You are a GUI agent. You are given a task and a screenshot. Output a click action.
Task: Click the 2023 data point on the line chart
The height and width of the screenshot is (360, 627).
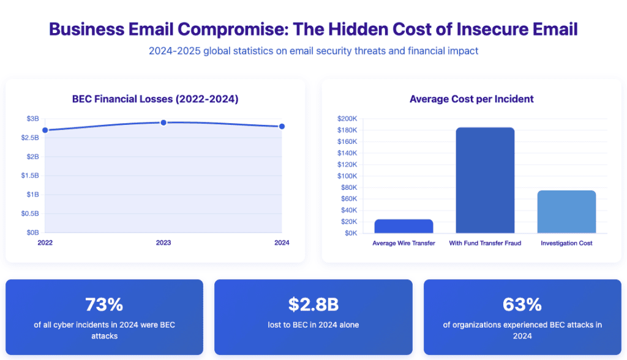163,122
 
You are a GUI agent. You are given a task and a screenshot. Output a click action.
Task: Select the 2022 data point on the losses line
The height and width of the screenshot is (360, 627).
45,130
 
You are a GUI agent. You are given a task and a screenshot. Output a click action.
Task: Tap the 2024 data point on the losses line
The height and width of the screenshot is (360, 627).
282,126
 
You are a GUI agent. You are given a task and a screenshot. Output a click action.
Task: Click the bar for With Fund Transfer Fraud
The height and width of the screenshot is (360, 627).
486,180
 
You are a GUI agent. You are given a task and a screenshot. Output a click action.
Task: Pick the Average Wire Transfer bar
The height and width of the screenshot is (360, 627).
404,226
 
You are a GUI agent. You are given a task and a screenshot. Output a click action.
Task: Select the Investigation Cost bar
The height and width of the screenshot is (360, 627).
566,212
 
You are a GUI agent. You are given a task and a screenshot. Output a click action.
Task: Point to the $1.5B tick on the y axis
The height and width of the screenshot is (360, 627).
32,176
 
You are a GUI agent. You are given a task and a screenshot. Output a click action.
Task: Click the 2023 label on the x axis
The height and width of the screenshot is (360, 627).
163,243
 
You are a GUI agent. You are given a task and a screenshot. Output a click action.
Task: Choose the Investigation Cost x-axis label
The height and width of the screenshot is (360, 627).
566,243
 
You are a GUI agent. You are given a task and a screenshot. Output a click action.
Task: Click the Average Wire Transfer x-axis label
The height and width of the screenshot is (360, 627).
404,243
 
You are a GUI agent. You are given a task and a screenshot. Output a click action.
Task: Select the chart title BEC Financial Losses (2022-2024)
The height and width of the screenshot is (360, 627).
155,99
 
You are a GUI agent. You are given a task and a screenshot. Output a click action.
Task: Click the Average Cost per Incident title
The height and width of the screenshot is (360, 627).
471,99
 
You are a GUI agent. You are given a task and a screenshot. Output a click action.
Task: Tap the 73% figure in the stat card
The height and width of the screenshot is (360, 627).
104,304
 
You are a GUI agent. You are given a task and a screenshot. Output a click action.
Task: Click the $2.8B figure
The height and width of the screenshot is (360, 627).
313,304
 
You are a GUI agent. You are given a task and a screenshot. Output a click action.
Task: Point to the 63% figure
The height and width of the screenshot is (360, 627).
522,304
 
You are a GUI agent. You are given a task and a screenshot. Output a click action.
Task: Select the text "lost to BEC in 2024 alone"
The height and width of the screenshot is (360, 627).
313,324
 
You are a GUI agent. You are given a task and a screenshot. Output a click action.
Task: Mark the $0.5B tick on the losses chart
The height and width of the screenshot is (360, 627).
32,214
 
